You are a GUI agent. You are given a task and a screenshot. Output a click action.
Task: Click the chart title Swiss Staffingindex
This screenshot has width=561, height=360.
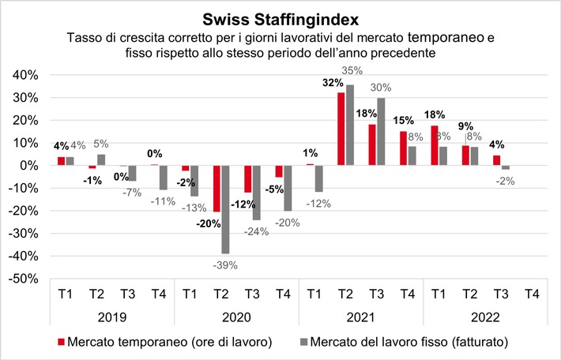[280, 18]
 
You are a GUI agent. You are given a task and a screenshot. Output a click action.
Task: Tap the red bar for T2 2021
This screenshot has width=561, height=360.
[341, 129]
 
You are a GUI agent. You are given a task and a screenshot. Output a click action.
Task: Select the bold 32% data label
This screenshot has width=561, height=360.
[332, 82]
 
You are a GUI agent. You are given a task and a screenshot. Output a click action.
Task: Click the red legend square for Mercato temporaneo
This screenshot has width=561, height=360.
[62, 343]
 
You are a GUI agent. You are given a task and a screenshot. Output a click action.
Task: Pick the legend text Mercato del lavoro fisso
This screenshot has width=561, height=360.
[406, 343]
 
